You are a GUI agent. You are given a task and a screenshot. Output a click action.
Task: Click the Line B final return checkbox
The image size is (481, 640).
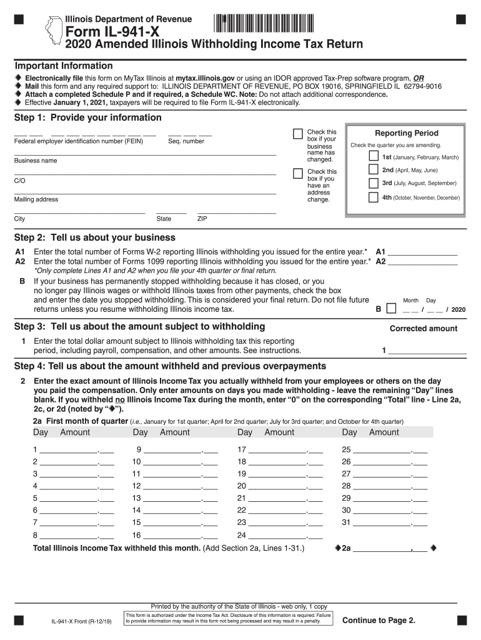[x=391, y=309]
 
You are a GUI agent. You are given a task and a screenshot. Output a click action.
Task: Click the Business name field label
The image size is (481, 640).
[x=36, y=161]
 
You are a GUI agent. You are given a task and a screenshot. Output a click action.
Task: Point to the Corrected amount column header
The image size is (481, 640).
[x=424, y=328]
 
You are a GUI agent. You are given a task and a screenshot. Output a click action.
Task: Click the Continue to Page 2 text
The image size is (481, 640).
[x=379, y=620]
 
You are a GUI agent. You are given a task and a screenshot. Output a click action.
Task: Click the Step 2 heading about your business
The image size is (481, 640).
[x=95, y=237]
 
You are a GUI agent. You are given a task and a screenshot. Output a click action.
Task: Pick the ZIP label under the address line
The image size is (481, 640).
[x=202, y=219]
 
